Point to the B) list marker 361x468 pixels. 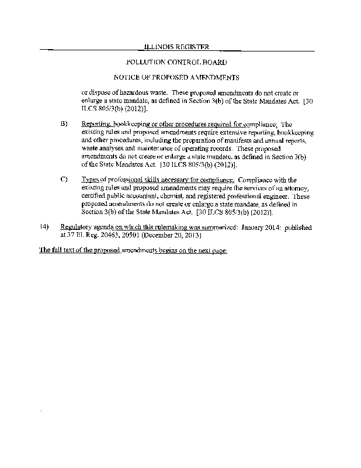(64, 124)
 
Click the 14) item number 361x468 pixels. (44, 226)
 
